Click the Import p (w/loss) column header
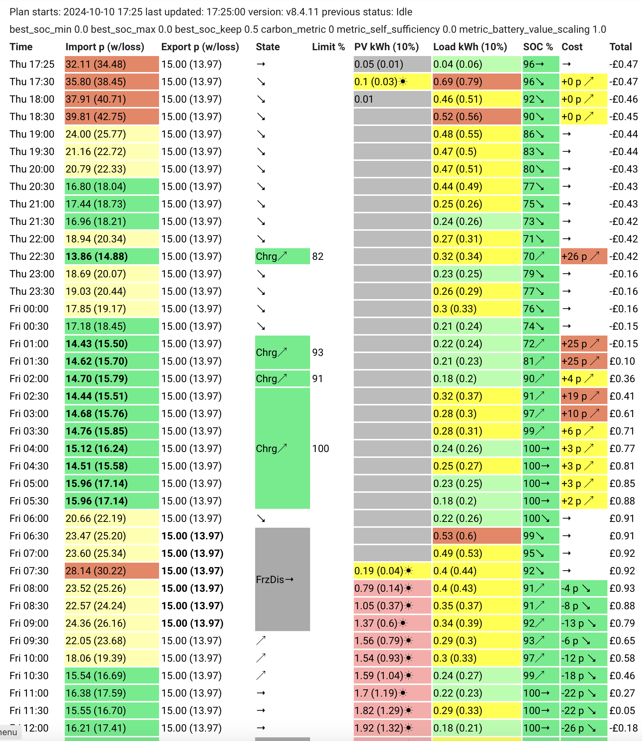105,47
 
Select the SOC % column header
538,47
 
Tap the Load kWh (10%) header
470,47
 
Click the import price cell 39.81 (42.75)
112,116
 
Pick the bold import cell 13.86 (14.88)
112,256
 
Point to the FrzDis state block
282,579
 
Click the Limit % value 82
318,256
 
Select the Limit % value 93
318,352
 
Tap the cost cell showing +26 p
584,256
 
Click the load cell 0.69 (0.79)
477,82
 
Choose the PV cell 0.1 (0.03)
392,82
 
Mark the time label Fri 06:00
29,518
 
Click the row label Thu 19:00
32,134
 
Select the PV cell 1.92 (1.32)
392,728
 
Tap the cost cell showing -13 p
584,623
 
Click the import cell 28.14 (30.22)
112,571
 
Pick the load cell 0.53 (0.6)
477,536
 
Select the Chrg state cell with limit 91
282,379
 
